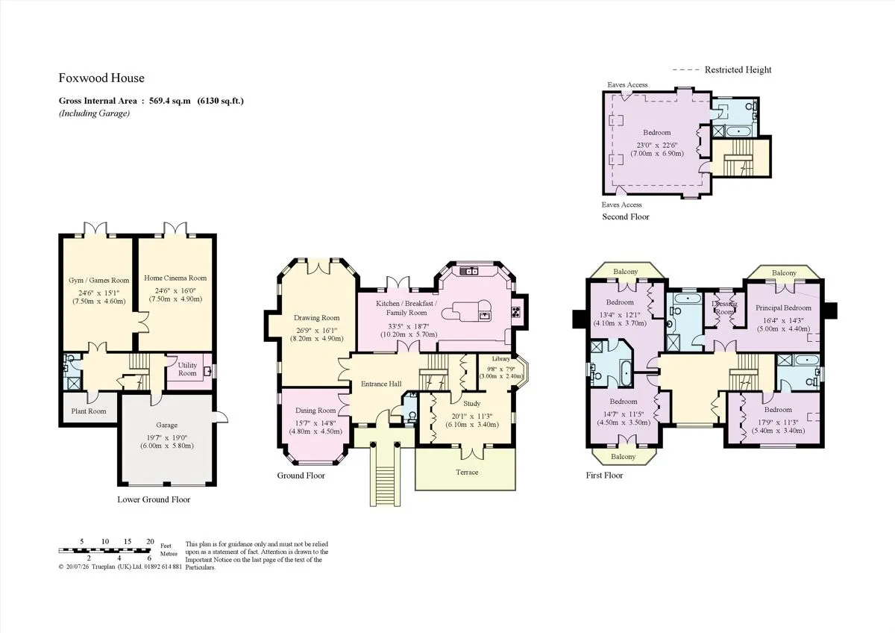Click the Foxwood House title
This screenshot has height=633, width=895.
[101, 78]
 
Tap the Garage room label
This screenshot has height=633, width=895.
[166, 425]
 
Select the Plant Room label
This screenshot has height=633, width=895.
[89, 411]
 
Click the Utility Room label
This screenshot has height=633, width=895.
[187, 369]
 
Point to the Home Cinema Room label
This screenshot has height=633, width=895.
[175, 278]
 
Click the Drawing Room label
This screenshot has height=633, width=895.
[316, 318]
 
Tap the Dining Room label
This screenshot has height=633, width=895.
[315, 411]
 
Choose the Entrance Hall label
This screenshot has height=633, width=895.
[381, 384]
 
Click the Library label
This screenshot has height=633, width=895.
[500, 359]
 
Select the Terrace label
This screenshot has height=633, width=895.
[467, 473]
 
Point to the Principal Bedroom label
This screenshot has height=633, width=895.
[783, 308]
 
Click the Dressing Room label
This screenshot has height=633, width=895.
[724, 308]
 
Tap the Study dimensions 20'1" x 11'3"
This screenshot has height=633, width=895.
[472, 416]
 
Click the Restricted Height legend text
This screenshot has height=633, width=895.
[738, 69]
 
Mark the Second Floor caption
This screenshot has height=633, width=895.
[626, 216]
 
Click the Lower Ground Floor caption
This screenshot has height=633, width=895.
[154, 499]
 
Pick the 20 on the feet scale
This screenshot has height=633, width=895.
[150, 541]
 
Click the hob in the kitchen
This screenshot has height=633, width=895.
[516, 311]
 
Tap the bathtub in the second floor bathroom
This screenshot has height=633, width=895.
[739, 131]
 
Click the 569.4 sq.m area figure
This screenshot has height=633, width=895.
[170, 101]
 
